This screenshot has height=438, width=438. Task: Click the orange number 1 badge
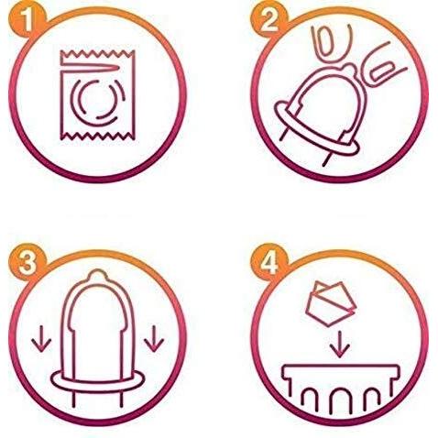pyautogui.click(x=27, y=20)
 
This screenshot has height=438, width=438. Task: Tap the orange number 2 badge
pyautogui.click(x=269, y=20)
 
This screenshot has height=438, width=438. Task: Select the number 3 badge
pyautogui.click(x=27, y=262)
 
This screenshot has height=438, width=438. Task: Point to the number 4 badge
pyautogui.click(x=269, y=262)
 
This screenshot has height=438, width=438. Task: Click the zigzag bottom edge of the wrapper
pyautogui.click(x=98, y=136)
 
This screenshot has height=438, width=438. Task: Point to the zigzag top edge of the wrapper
pyautogui.click(x=98, y=54)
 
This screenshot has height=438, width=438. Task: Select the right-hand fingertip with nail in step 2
pyautogui.click(x=382, y=71)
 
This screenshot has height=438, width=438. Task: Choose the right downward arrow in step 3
pyautogui.click(x=154, y=339)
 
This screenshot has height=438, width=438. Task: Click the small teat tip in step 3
pyautogui.click(x=97, y=274)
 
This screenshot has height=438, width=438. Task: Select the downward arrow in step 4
pyautogui.click(x=339, y=344)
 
